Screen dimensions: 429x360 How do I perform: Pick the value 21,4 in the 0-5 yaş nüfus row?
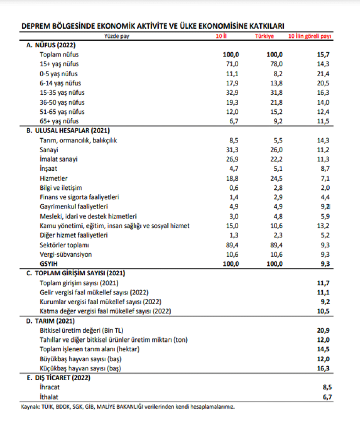(x=323, y=74)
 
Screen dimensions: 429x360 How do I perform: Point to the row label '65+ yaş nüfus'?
(x=59, y=121)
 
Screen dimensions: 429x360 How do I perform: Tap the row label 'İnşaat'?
(x=49, y=169)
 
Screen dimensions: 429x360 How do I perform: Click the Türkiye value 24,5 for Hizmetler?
(x=276, y=178)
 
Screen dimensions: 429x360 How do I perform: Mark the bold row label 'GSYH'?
(x=48, y=264)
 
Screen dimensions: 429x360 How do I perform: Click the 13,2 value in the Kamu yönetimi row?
(x=323, y=226)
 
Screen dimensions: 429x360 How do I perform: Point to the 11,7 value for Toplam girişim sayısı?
(x=323, y=283)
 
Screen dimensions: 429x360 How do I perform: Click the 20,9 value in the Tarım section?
(x=323, y=331)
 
